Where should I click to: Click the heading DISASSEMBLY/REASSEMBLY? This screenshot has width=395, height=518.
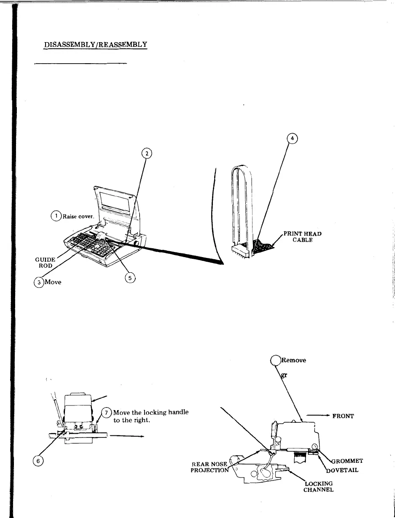95,44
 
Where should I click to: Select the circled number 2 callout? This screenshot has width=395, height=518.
146,154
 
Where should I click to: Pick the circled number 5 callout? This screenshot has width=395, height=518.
129,277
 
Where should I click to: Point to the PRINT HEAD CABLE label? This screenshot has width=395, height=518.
302,236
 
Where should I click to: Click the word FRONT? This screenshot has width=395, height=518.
343,416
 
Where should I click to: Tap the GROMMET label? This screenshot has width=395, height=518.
348,461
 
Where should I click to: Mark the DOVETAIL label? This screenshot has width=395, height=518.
344,470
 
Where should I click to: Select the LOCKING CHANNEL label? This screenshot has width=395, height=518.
318,486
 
